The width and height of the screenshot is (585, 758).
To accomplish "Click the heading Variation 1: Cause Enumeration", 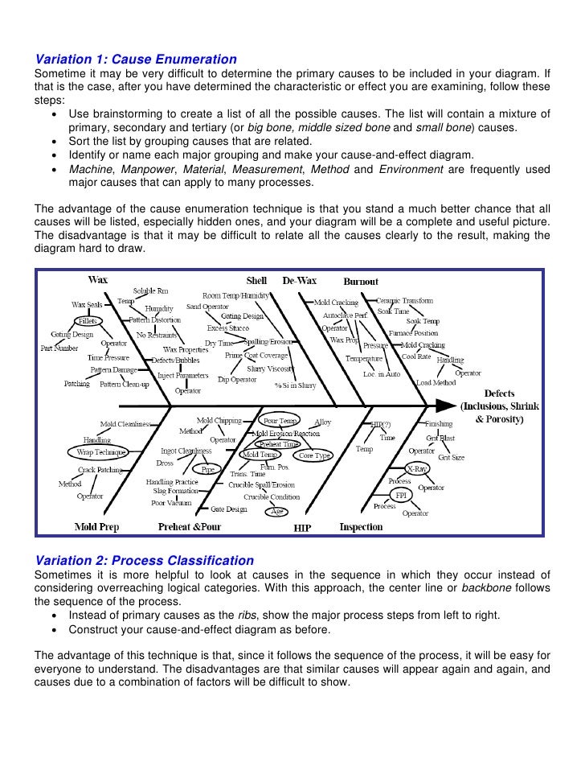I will pos(135,60).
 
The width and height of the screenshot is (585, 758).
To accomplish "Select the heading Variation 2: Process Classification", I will pos(144,560).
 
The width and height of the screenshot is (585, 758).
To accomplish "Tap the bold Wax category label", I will pos(98,281).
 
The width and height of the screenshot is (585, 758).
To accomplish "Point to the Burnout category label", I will pos(361,282).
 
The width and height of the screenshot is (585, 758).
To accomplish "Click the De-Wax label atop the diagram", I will pos(299,281).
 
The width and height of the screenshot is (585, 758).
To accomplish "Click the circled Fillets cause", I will pos(87,320).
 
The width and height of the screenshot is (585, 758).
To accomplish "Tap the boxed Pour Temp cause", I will pos(280,421).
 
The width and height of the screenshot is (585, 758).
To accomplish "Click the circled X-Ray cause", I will pos(417,468).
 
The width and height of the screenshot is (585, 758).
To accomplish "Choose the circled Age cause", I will pos(278,511).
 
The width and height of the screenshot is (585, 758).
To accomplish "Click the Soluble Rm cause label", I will pos(150,290).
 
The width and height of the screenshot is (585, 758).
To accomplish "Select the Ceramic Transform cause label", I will pos(404,300).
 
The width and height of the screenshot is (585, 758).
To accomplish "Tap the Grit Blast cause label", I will pos(441,439).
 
